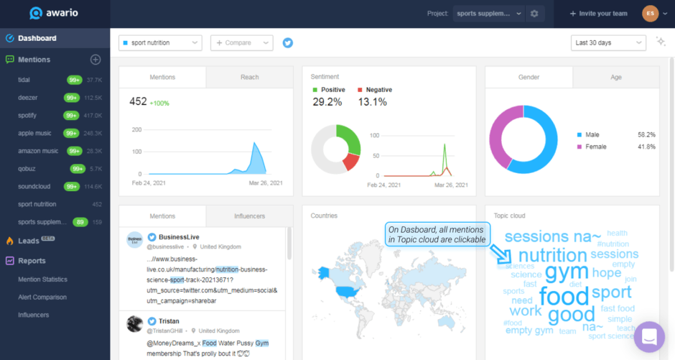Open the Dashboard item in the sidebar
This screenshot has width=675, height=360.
tap(37, 38)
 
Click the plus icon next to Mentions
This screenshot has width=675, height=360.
tap(95, 60)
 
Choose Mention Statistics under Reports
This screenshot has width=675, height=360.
tap(42, 279)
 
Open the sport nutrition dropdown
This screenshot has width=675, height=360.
tap(160, 43)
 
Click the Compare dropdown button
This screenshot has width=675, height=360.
tap(241, 43)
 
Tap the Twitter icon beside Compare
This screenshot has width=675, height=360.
tap(288, 43)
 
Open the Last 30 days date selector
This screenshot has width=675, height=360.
tap(607, 43)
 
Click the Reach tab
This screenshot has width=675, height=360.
tap(249, 78)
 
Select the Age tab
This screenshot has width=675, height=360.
tap(615, 78)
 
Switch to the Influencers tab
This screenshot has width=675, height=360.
tap(249, 216)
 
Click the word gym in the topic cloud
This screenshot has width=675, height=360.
tap(567, 273)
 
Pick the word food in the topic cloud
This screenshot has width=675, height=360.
tap(564, 296)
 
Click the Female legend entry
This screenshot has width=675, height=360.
tap(596, 147)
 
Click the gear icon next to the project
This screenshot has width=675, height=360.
tap(534, 14)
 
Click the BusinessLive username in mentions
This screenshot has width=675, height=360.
tap(180, 236)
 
